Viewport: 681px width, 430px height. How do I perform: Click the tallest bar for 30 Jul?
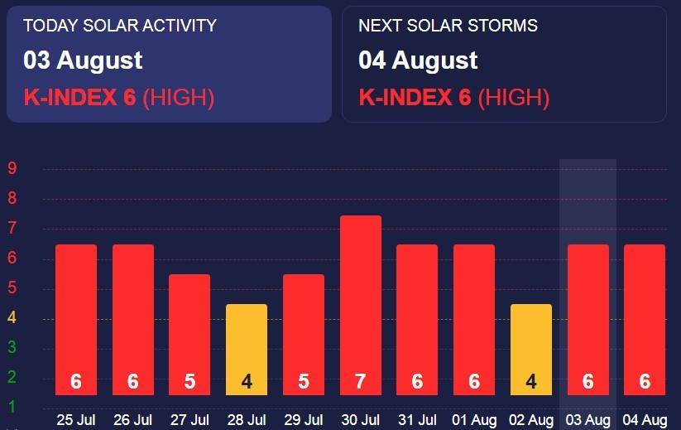tap(361, 305)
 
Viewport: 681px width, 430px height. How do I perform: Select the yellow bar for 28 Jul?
tap(247, 350)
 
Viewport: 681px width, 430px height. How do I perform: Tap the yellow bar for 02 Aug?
tap(530, 350)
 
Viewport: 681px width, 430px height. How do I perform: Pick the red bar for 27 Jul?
tap(189, 335)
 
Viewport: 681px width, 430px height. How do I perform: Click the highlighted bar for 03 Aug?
tap(588, 320)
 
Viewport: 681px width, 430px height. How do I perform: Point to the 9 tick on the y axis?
tap(12, 168)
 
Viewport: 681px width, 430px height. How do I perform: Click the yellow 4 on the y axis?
tap(12, 317)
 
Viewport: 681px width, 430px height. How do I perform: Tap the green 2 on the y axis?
tap(12, 377)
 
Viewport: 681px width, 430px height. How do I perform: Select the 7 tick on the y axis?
tap(12, 228)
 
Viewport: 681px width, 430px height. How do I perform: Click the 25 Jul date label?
tap(76, 420)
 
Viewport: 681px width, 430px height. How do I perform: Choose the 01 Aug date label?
tap(474, 420)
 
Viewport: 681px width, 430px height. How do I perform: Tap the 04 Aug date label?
tap(645, 420)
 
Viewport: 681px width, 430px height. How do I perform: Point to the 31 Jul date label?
tap(417, 420)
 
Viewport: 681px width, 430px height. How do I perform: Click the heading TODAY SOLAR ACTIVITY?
tap(120, 26)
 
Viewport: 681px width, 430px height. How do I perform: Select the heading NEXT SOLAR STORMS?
tap(448, 26)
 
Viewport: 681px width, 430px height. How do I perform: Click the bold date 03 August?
tap(83, 60)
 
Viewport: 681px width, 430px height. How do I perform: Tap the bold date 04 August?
tap(418, 60)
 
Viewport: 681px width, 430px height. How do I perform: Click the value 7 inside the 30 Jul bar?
tap(361, 381)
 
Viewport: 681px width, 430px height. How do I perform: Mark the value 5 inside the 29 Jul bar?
tap(304, 381)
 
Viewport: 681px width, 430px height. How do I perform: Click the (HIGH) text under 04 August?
tap(514, 98)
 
